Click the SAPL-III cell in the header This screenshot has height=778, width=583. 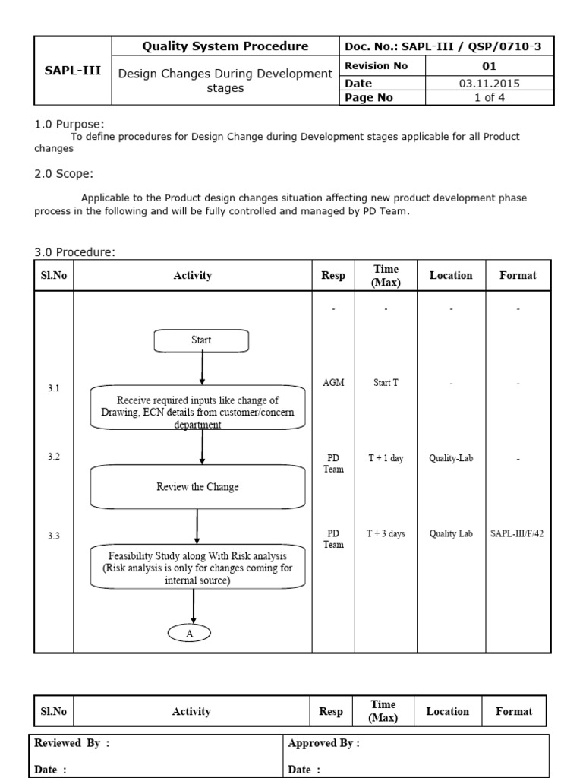pyautogui.click(x=73, y=71)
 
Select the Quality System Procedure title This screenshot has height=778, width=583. pyautogui.click(x=225, y=46)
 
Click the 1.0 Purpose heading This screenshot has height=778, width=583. pyautogui.click(x=70, y=124)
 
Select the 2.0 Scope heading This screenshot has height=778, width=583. pyautogui.click(x=64, y=173)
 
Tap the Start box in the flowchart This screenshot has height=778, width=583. pyautogui.click(x=201, y=340)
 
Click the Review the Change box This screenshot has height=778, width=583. pyautogui.click(x=197, y=487)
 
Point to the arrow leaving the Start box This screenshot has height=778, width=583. pyautogui.click(x=202, y=368)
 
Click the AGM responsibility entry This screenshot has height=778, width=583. pyautogui.click(x=333, y=383)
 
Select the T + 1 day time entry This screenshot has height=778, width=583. pyautogui.click(x=386, y=459)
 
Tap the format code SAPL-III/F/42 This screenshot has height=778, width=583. pyautogui.click(x=517, y=534)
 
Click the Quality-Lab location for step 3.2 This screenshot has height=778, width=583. pyautogui.click(x=450, y=459)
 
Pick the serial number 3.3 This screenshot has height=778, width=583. pyautogui.click(x=53, y=536)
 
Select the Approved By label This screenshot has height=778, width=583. pyautogui.click(x=324, y=744)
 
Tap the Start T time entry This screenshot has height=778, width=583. pyautogui.click(x=386, y=383)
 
